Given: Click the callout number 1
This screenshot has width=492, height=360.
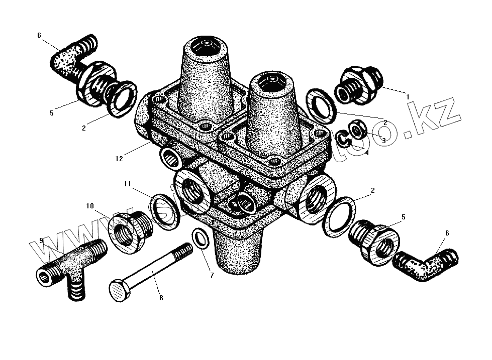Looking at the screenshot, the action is [x=408, y=96].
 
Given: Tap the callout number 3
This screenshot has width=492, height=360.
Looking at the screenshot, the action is [x=383, y=141].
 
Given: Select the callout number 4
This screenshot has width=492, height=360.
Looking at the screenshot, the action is [x=367, y=153].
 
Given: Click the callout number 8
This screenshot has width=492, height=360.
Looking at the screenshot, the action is [x=161, y=298].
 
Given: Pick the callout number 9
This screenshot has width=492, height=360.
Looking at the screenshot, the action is [x=42, y=240].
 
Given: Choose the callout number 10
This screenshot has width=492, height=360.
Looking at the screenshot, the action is [x=90, y=206].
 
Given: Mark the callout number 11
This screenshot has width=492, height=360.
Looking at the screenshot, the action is [x=127, y=185].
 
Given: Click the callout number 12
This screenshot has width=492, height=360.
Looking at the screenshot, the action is [x=119, y=159].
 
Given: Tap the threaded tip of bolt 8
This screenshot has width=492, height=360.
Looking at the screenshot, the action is [x=185, y=249].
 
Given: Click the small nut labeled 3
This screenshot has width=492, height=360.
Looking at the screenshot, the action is [x=358, y=131].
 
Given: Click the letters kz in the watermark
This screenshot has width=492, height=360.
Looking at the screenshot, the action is [x=441, y=113].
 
